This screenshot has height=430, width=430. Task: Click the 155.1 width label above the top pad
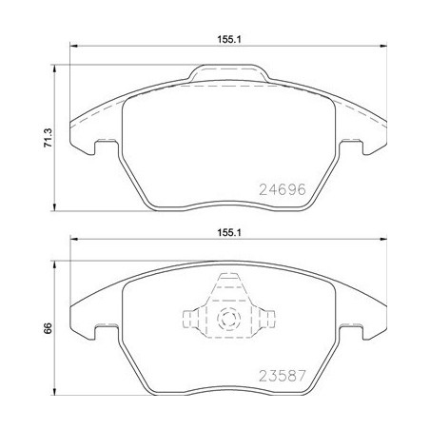click(x=227, y=40)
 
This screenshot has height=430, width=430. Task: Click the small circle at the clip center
click(x=228, y=319)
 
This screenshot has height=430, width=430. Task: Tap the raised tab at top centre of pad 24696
click(x=228, y=71)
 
